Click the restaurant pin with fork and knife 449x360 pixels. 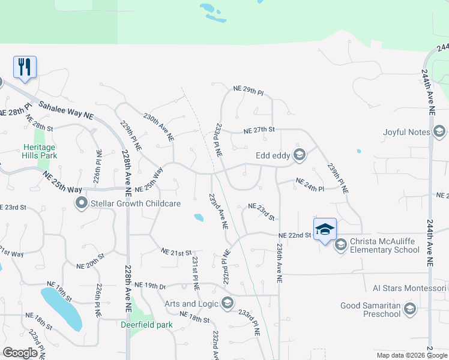click(x=25, y=67)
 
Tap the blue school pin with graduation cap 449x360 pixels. click(x=324, y=229)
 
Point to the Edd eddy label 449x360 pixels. click(x=273, y=155)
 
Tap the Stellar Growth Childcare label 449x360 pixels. click(x=135, y=204)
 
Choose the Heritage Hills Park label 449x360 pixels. click(x=40, y=151)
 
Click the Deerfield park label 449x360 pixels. click(x=145, y=325)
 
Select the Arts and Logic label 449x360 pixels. click(x=191, y=304)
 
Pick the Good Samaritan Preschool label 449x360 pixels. click(x=370, y=309)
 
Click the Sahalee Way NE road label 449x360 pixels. click(x=66, y=109)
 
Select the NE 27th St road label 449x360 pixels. click(x=259, y=130)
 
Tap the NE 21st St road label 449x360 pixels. click(x=176, y=252)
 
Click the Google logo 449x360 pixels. click(x=20, y=353)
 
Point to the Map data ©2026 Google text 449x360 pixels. click(x=411, y=355)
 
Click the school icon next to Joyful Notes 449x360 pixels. click(x=439, y=132)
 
